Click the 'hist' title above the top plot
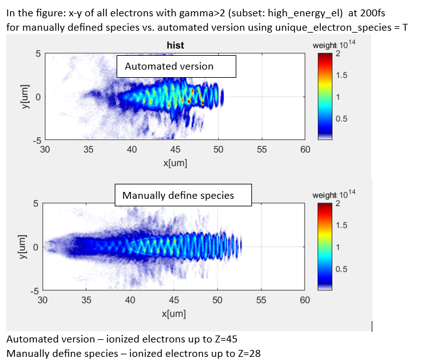(175, 45)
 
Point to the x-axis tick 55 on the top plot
(261, 150)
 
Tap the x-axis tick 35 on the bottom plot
(87, 300)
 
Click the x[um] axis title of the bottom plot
(174, 313)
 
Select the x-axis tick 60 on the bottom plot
(305, 300)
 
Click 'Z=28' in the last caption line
(247, 353)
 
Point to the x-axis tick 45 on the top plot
(175, 150)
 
